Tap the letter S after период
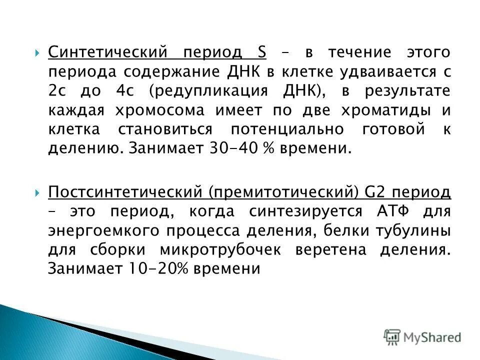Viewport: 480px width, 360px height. point(262,52)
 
